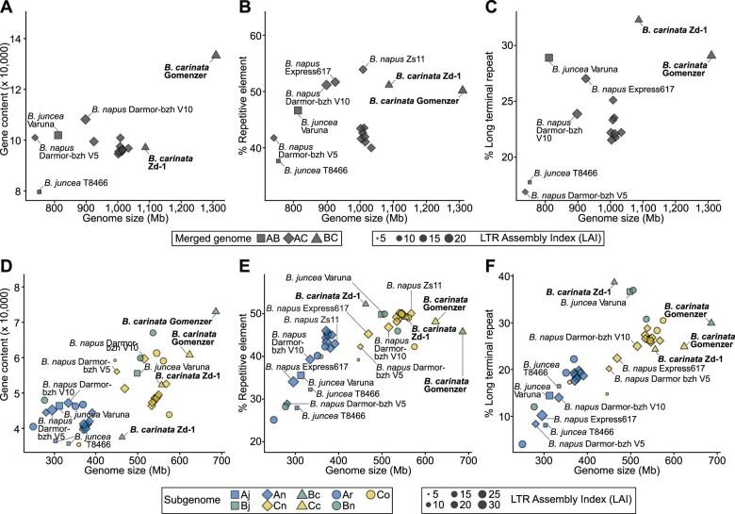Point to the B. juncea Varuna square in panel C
(x=548, y=58)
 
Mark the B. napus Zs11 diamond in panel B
(x=363, y=69)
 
